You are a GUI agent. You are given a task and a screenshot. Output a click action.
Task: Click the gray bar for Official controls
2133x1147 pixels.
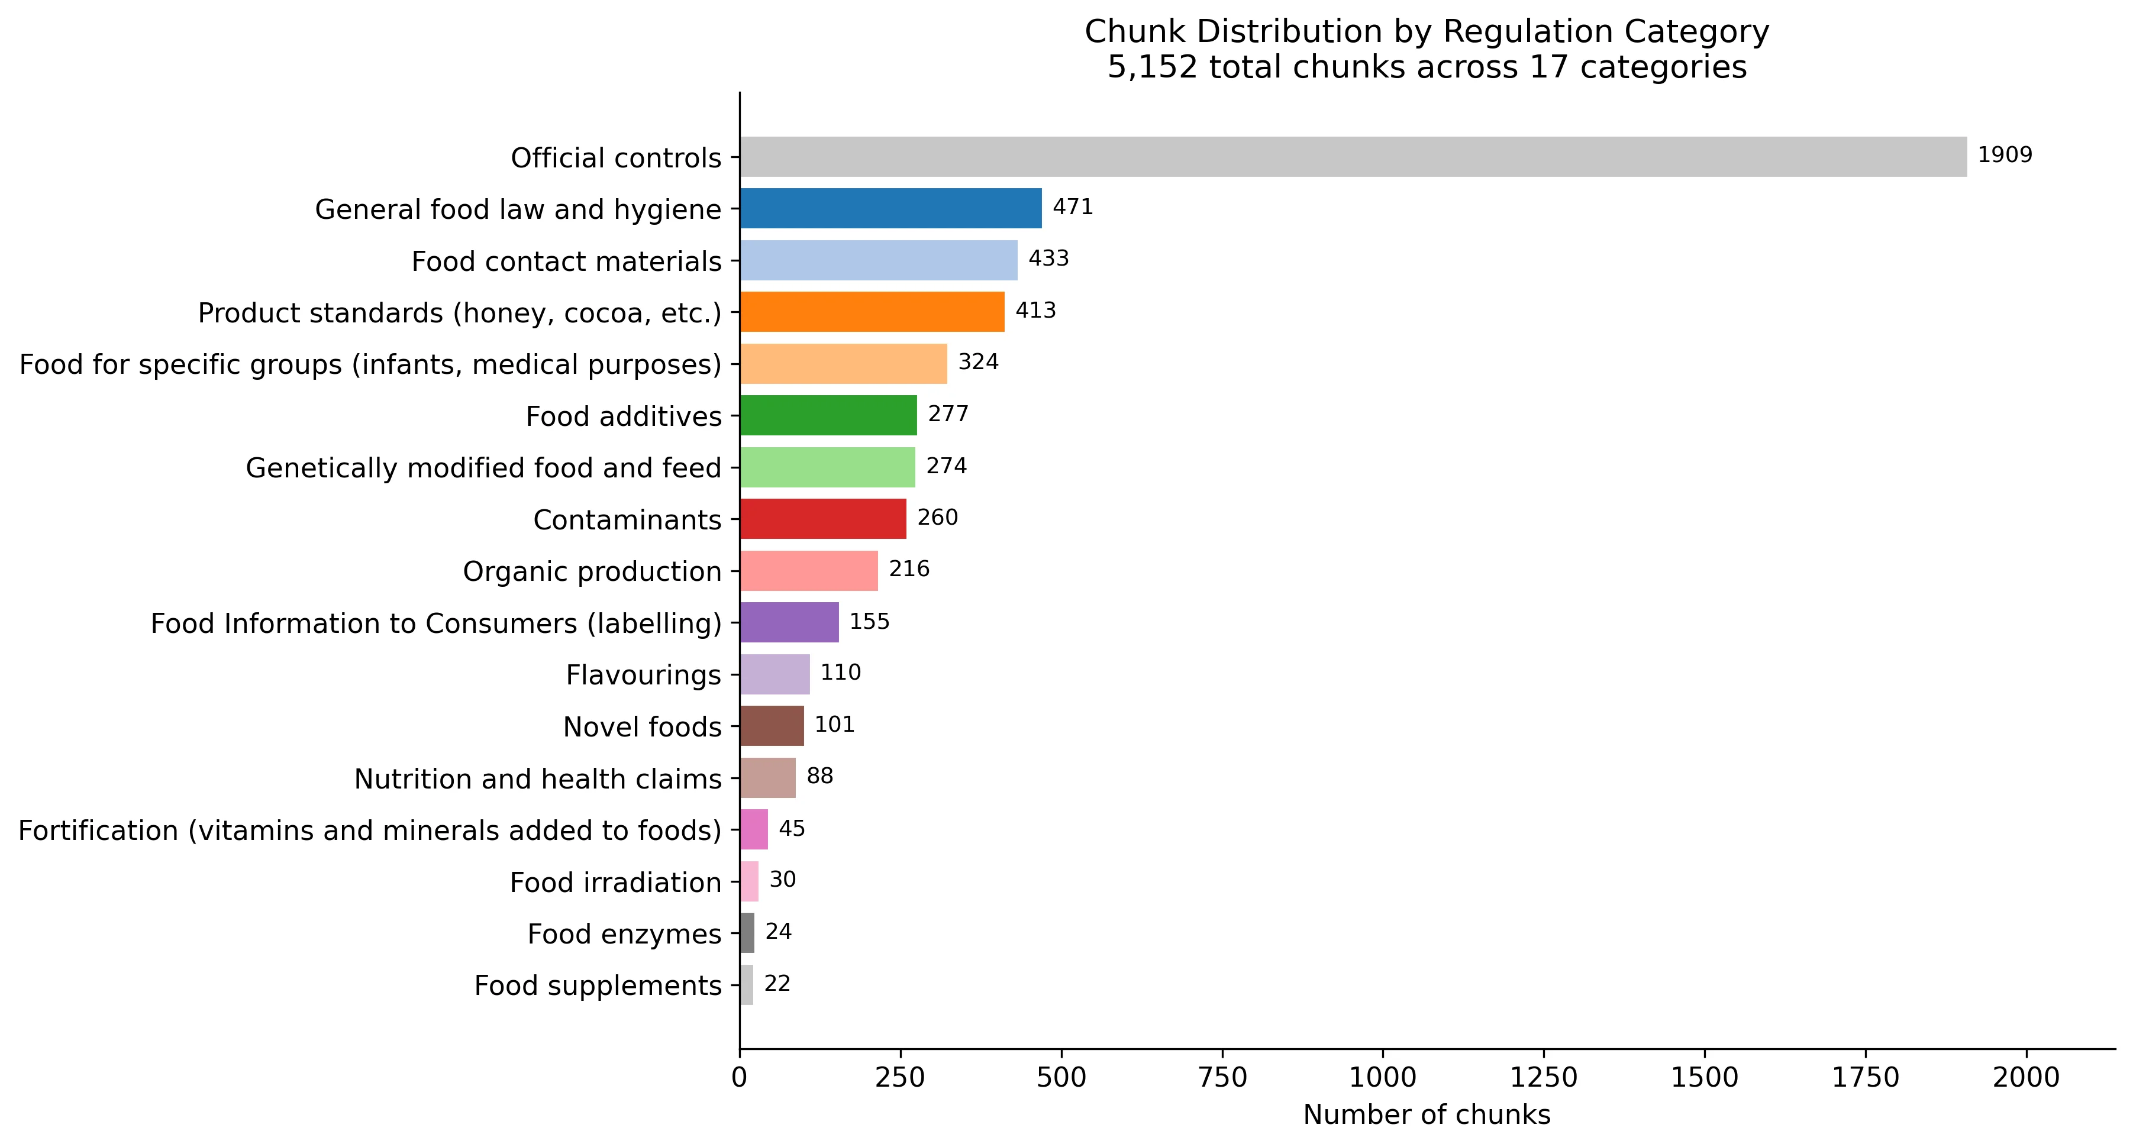coord(1353,156)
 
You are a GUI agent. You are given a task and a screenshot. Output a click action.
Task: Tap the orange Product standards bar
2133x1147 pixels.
coord(872,311)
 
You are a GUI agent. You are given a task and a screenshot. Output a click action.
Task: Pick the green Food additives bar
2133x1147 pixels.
coord(828,415)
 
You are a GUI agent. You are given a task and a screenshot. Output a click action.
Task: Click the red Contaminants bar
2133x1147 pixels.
coord(822,519)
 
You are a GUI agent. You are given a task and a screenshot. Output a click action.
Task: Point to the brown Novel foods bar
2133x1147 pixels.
coord(771,726)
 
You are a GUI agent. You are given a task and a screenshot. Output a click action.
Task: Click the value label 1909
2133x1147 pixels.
coord(2005,155)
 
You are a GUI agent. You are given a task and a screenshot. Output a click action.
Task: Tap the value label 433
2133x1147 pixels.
coord(1048,259)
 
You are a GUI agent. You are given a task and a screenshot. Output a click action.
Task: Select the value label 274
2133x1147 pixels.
coord(946,466)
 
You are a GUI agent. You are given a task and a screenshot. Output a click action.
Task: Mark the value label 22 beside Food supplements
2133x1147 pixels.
coord(777,983)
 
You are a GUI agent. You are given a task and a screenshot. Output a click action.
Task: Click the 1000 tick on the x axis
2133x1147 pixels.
coord(1383,1077)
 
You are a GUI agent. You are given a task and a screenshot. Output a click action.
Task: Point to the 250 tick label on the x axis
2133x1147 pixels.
coord(899,1077)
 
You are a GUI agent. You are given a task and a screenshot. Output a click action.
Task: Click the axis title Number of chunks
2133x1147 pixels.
coord(1426,1114)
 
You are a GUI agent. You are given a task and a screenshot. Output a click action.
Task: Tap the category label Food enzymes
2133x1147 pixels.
coord(624,933)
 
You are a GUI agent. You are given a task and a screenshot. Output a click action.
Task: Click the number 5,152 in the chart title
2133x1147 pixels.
coord(1153,67)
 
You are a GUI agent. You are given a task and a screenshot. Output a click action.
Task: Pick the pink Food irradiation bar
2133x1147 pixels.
coord(748,881)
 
